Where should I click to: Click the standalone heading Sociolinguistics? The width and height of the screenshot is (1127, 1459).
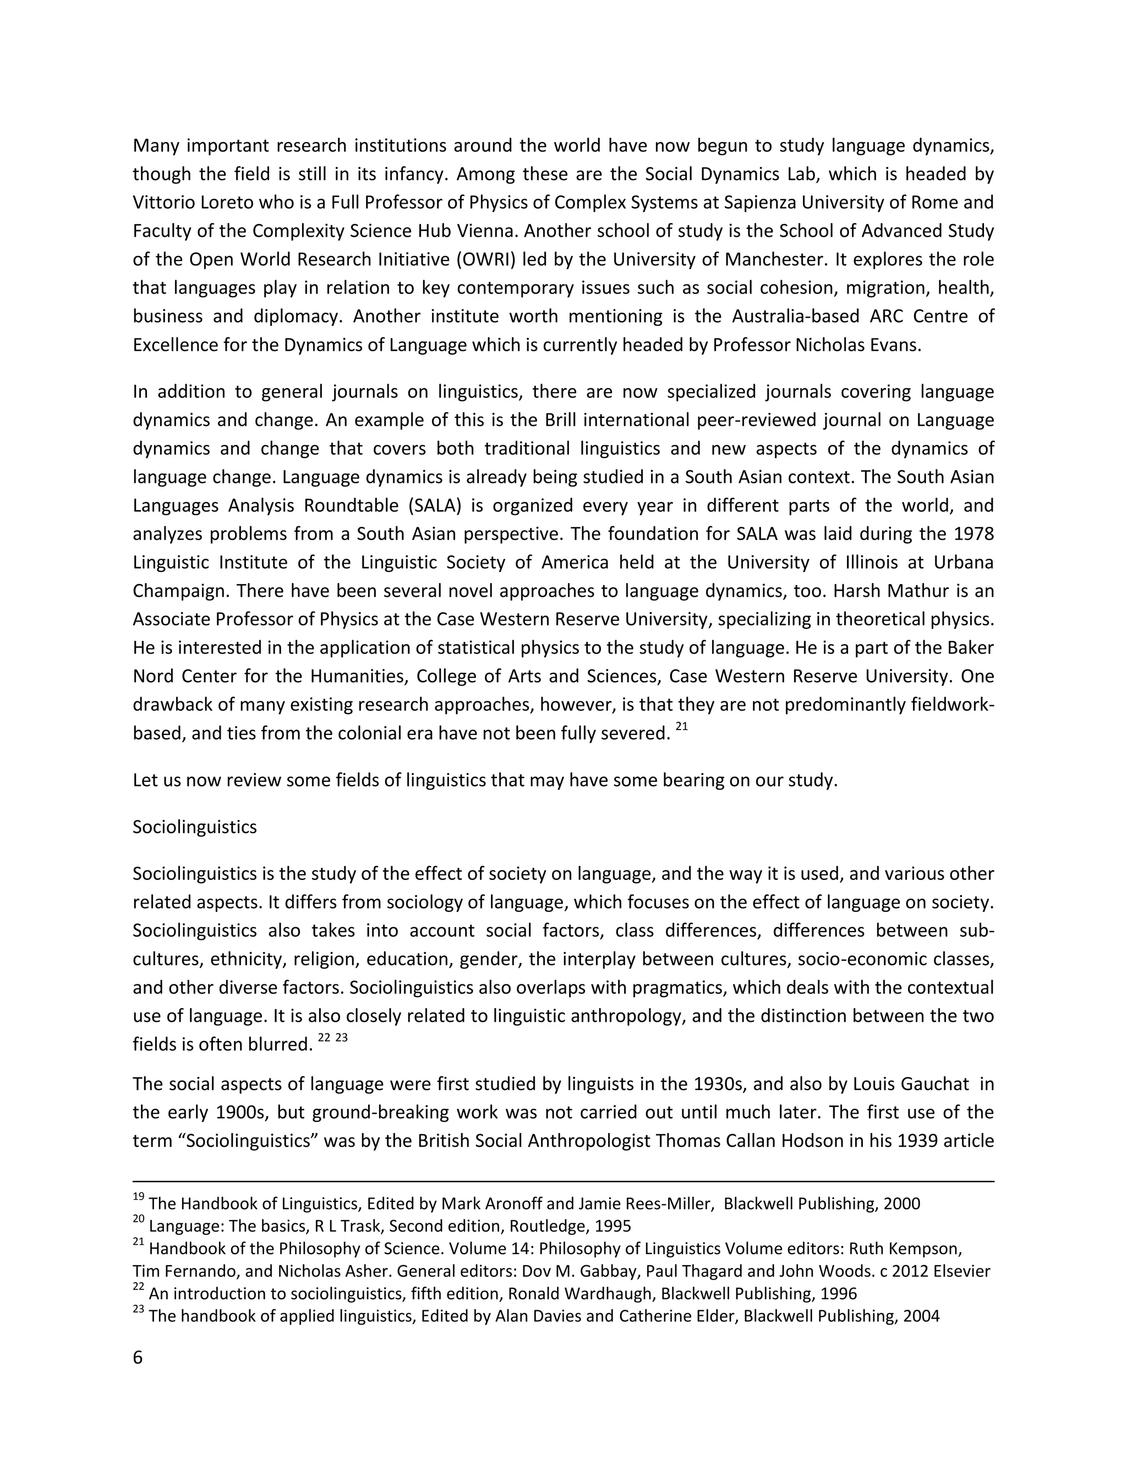point(194,827)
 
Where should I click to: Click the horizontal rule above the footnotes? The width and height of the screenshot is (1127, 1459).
point(563,1182)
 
